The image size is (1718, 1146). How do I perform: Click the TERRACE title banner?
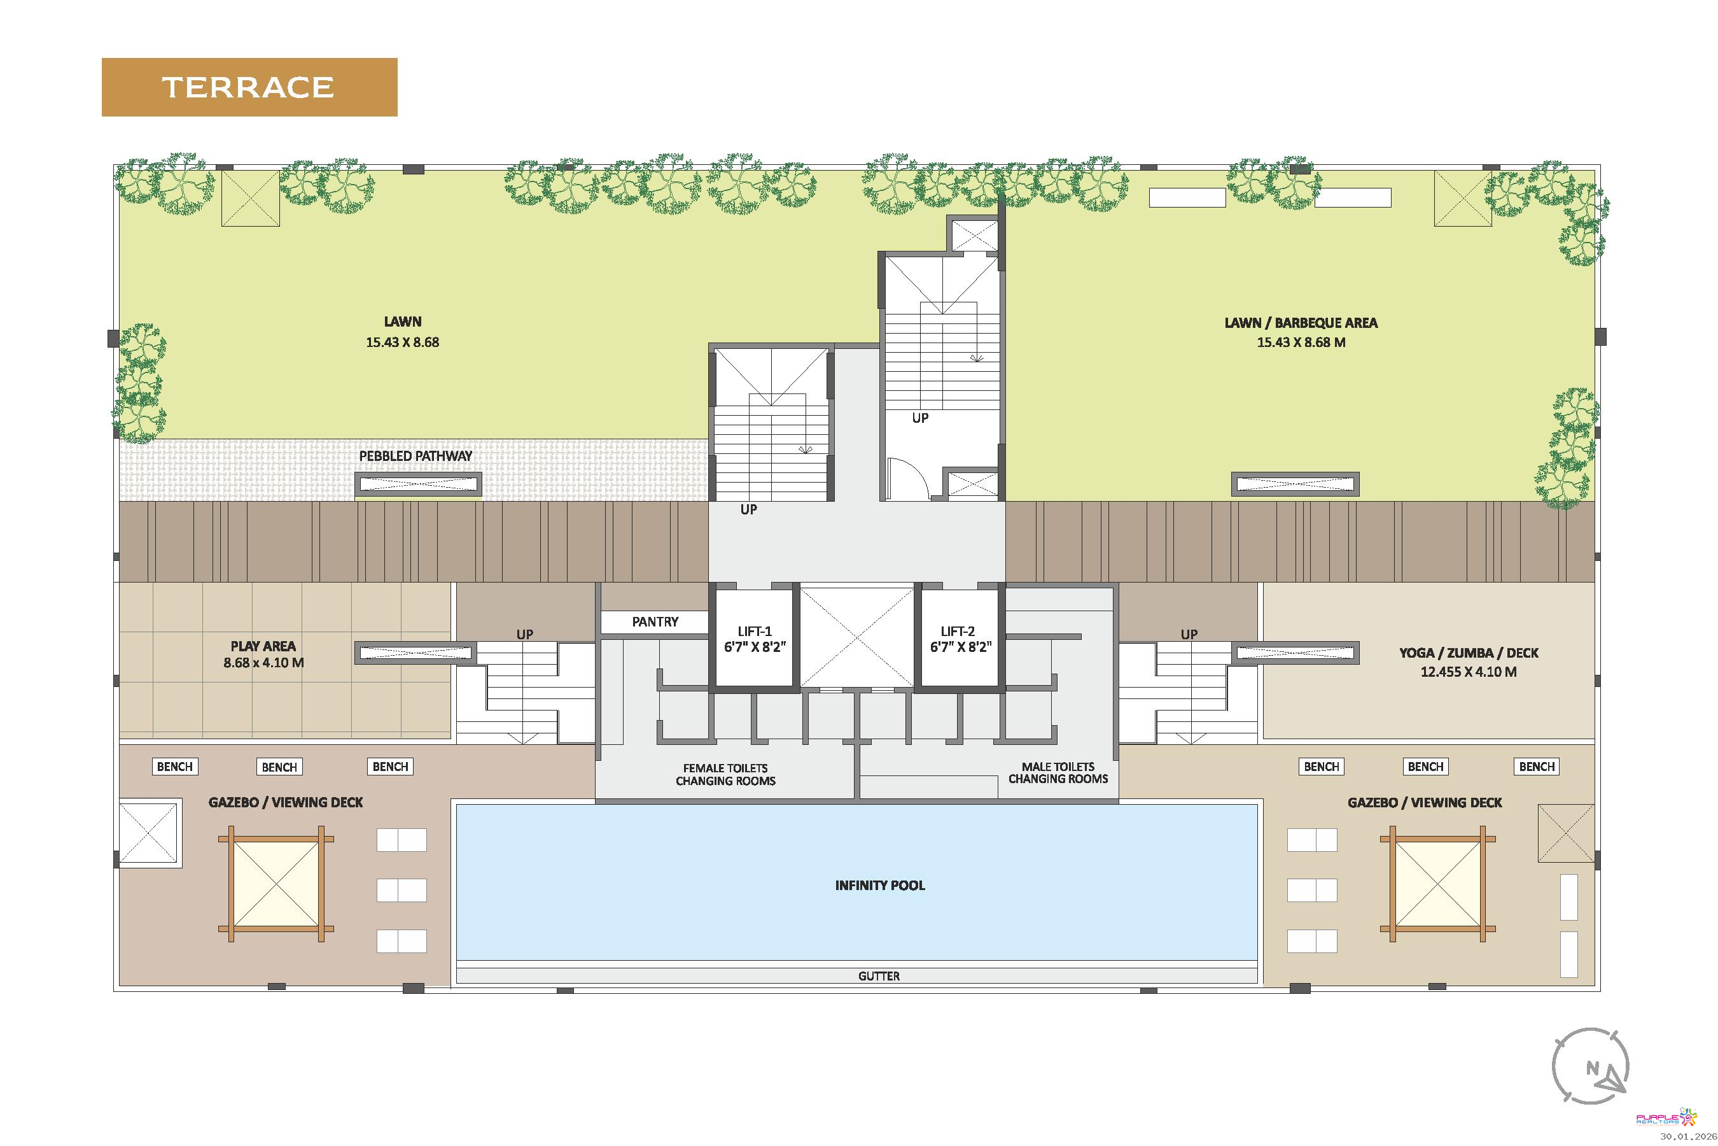(x=249, y=87)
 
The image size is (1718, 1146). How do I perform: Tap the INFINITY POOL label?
(x=879, y=885)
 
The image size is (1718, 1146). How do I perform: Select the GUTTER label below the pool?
(x=879, y=976)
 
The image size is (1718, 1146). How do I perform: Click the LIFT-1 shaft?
(x=755, y=638)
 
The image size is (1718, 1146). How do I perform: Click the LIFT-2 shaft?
(x=960, y=638)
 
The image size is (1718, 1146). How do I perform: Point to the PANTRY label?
(x=655, y=621)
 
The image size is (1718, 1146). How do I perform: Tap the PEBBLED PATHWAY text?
(x=416, y=455)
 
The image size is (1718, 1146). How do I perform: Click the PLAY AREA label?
(x=263, y=646)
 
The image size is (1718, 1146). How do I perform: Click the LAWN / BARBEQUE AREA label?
(x=1301, y=322)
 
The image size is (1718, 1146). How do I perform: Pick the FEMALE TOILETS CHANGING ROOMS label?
(x=725, y=774)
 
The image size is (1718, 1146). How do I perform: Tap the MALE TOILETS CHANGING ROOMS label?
(x=1058, y=772)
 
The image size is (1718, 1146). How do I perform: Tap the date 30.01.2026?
(x=1687, y=1136)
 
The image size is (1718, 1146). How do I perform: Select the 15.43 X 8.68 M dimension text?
(x=1301, y=342)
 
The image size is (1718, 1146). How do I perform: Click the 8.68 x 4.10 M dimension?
(x=263, y=663)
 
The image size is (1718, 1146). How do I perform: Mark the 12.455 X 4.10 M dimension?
(x=1468, y=672)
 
